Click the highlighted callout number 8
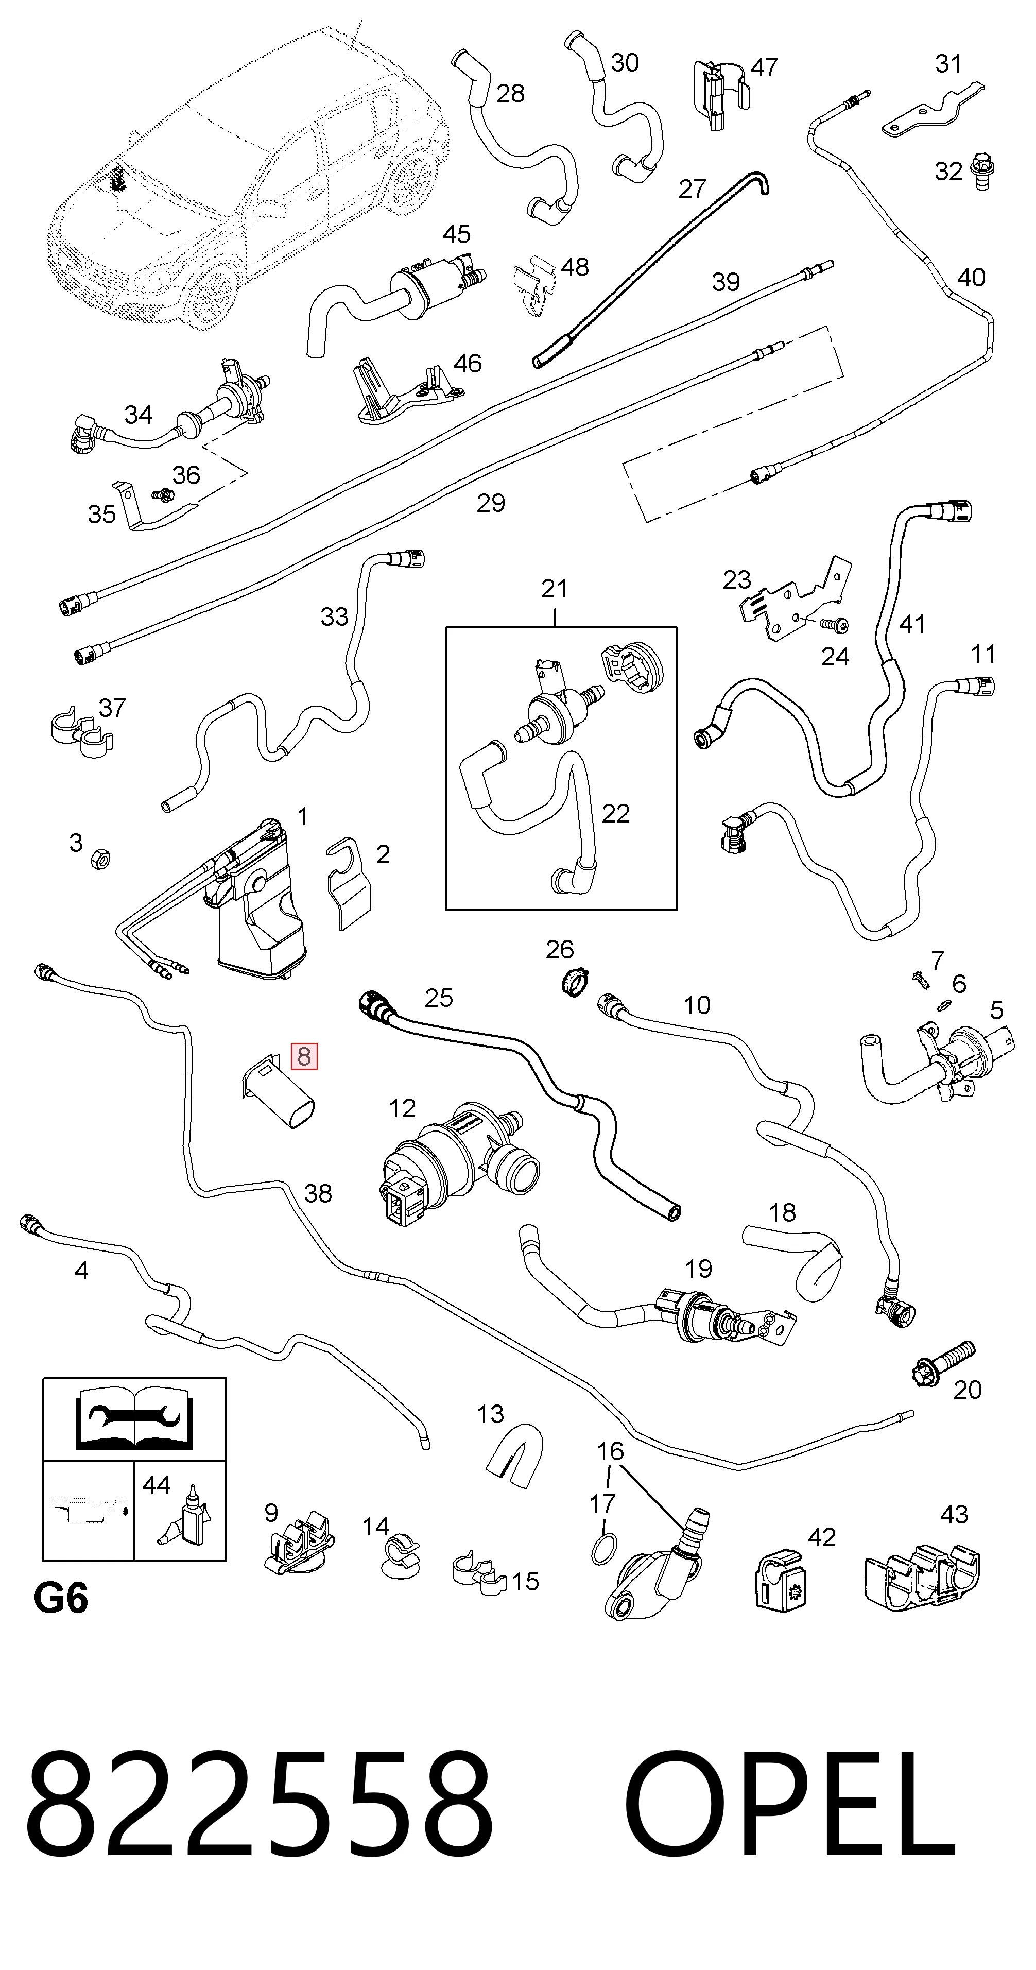click(x=303, y=1056)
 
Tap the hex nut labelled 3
click(x=99, y=859)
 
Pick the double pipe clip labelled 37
click(x=81, y=732)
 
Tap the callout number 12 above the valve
click(x=402, y=1108)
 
